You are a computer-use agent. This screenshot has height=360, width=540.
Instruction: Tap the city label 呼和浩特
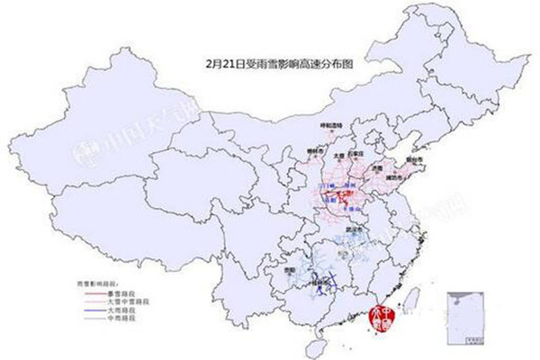(332, 122)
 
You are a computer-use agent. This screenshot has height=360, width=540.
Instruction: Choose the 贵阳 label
(287, 269)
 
